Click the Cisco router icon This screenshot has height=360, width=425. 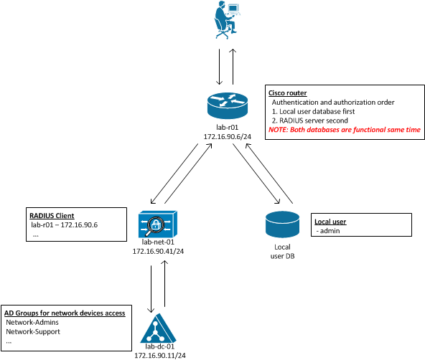(228, 105)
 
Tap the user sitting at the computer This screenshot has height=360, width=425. (227, 20)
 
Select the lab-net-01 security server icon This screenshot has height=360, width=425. (158, 224)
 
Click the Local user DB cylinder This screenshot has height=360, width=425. (282, 224)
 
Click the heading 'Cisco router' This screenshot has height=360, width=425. (288, 93)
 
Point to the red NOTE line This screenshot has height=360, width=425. (345, 130)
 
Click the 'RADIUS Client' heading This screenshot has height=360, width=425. (52, 216)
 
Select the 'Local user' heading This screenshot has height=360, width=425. (330, 222)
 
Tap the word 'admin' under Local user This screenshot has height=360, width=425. (330, 231)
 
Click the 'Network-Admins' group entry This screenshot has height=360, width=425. (32, 323)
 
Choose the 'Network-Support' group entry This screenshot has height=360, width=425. (33, 331)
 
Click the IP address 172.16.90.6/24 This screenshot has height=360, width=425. (228, 137)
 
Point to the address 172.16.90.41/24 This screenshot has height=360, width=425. (158, 252)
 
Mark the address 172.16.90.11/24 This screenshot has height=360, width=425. (160, 356)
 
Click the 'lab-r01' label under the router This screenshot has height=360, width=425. (227, 127)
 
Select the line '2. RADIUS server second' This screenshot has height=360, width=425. (310, 120)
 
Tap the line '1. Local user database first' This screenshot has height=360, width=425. (313, 112)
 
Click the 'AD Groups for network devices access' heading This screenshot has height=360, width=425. (65, 313)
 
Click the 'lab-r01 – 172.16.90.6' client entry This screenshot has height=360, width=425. (64, 225)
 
